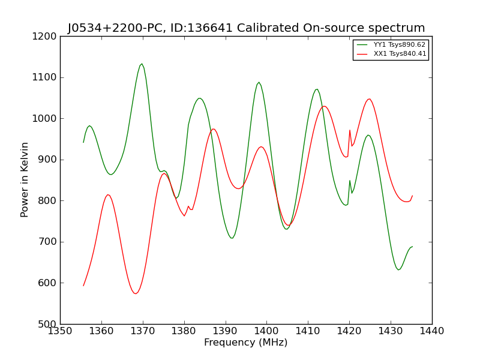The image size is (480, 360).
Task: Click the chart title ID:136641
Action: coord(246,28)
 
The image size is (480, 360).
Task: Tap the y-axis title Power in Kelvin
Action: coord(25,179)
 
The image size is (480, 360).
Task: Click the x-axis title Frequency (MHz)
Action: coord(246,343)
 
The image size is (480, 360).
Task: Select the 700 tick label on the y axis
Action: coord(47,242)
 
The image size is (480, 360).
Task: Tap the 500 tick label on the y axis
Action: coord(47,324)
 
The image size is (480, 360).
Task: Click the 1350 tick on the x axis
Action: coord(60,331)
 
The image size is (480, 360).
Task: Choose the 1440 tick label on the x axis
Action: coord(432,331)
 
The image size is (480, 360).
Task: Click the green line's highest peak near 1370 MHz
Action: coord(142,64)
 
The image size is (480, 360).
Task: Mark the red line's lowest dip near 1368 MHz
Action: coord(136,293)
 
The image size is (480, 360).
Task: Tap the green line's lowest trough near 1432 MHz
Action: coord(398,270)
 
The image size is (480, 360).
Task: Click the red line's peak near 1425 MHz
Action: coord(369,99)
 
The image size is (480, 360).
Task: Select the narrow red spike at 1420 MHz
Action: coord(350,130)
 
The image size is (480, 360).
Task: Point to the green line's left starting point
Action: coord(83,142)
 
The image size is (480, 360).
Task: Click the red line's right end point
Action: coord(412,196)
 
